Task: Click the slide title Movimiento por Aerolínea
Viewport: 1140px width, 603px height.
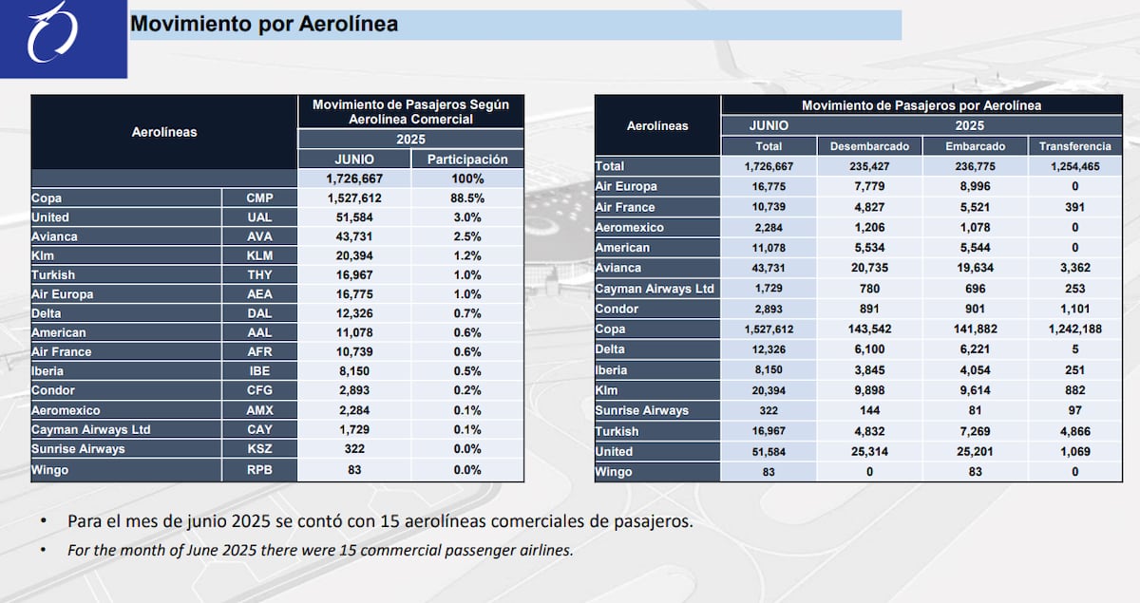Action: [263, 24]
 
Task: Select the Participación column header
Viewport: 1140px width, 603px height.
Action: [467, 160]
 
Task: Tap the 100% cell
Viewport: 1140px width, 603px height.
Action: [467, 179]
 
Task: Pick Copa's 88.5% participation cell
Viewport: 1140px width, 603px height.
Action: [467, 198]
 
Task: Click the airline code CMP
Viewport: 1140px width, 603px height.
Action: [259, 198]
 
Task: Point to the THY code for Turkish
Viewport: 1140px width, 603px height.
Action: [259, 275]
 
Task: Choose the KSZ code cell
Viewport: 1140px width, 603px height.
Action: [259, 448]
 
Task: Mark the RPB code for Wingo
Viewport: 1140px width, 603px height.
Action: [259, 468]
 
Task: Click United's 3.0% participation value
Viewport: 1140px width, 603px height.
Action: [467, 217]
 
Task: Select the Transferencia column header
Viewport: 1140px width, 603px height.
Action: [1074, 146]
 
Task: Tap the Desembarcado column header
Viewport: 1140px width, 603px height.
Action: [869, 146]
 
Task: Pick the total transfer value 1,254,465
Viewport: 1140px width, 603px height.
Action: [1074, 166]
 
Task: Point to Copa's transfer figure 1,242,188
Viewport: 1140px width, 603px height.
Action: [1074, 330]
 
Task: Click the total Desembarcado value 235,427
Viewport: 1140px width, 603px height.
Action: [869, 166]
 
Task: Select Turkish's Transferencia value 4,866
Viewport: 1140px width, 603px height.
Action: [1074, 431]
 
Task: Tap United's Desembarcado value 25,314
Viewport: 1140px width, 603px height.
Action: [869, 451]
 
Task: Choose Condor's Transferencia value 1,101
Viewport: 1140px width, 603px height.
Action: [1074, 309]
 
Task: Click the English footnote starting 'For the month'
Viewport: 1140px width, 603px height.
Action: [320, 550]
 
